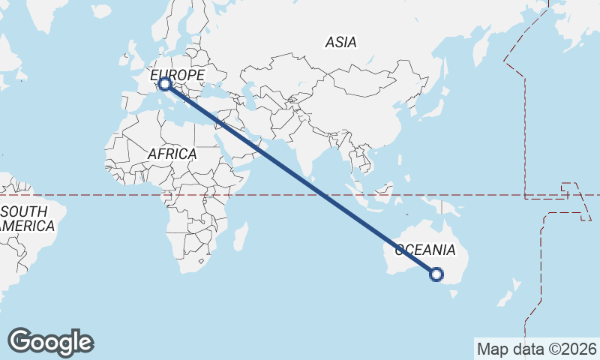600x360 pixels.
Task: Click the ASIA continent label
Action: click(340, 43)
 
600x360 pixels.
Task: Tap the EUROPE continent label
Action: click(178, 76)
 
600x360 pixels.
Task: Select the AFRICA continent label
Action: click(172, 154)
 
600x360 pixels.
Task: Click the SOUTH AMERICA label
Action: click(27, 218)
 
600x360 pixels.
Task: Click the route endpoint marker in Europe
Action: click(164, 84)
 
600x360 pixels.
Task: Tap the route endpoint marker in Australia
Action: click(436, 274)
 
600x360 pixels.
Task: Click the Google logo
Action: click(50, 342)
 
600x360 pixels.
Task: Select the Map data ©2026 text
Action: click(536, 349)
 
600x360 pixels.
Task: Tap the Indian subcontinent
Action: click(304, 146)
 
